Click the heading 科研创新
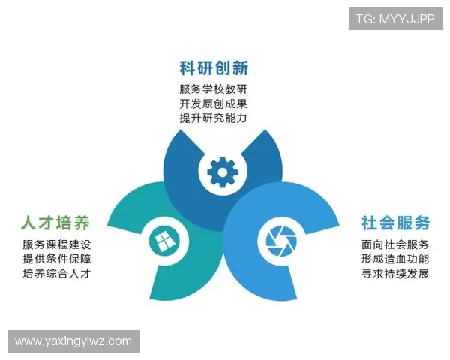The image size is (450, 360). tap(214, 69)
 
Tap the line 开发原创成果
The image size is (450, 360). tap(214, 104)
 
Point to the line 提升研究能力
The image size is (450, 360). tap(214, 118)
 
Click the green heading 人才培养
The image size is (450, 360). tap(55, 223)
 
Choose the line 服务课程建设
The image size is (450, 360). tap(57, 244)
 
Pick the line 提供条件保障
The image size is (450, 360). tap(57, 259)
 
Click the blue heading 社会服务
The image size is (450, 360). tap(395, 223)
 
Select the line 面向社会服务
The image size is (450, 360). tap(395, 244)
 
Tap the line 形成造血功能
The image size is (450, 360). tap(395, 259)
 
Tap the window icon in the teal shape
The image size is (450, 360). tap(163, 241)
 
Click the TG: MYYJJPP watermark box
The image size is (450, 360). tap(395, 19)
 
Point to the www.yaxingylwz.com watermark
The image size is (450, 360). tap(73, 341)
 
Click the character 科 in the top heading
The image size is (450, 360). tap(187, 69)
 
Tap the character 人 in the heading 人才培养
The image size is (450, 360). tap(28, 223)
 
